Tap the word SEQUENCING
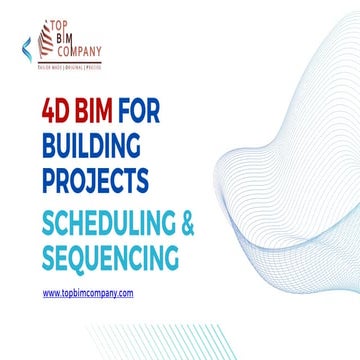pos(110,259)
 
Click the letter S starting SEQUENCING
pos(49,259)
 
